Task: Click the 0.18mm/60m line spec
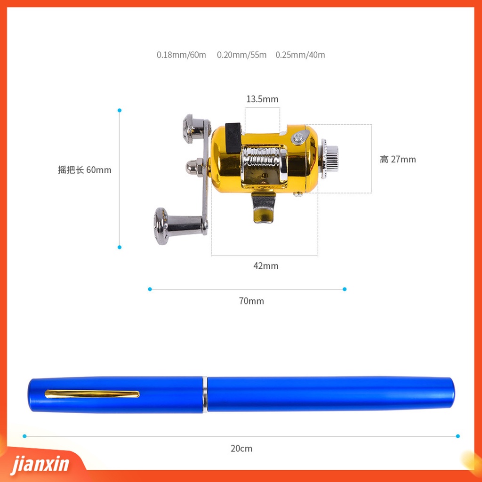(x=181, y=55)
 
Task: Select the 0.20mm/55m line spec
(x=241, y=55)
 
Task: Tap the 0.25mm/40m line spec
(x=300, y=55)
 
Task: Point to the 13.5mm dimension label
(x=262, y=99)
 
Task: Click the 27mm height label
(x=398, y=159)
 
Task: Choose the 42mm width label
(x=266, y=265)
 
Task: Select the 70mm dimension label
(x=251, y=301)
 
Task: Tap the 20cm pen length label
(x=241, y=448)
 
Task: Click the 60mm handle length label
(x=85, y=169)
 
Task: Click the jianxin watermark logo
(x=40, y=464)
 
